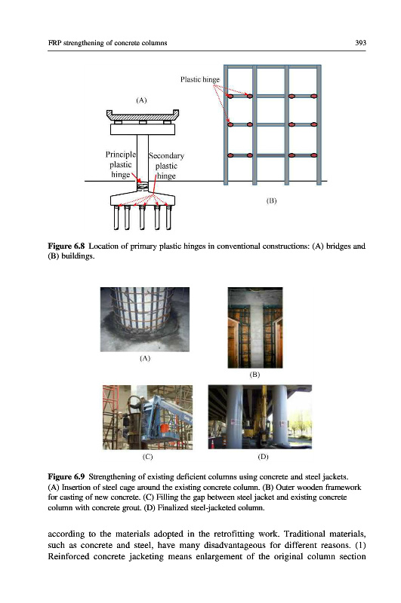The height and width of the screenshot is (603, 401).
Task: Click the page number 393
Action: click(x=360, y=43)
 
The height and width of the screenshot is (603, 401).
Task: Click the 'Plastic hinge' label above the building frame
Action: click(x=200, y=80)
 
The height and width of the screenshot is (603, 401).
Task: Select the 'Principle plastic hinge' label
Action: click(x=121, y=164)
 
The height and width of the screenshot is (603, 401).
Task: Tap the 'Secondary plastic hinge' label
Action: click(x=166, y=166)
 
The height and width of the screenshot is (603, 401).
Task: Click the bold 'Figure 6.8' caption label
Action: click(x=66, y=246)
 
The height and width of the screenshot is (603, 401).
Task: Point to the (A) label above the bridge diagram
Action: click(x=141, y=100)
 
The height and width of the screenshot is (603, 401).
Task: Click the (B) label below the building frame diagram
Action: click(x=272, y=200)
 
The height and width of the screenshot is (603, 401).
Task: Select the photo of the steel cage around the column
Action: click(x=145, y=319)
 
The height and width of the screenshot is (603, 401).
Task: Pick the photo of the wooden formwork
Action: click(x=255, y=328)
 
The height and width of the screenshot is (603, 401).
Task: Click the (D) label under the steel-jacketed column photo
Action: click(x=263, y=457)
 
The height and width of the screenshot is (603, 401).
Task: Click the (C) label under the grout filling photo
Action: click(x=147, y=457)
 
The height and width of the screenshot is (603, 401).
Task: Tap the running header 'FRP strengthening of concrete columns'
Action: click(x=107, y=43)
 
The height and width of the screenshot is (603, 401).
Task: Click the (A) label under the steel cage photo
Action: click(x=145, y=359)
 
